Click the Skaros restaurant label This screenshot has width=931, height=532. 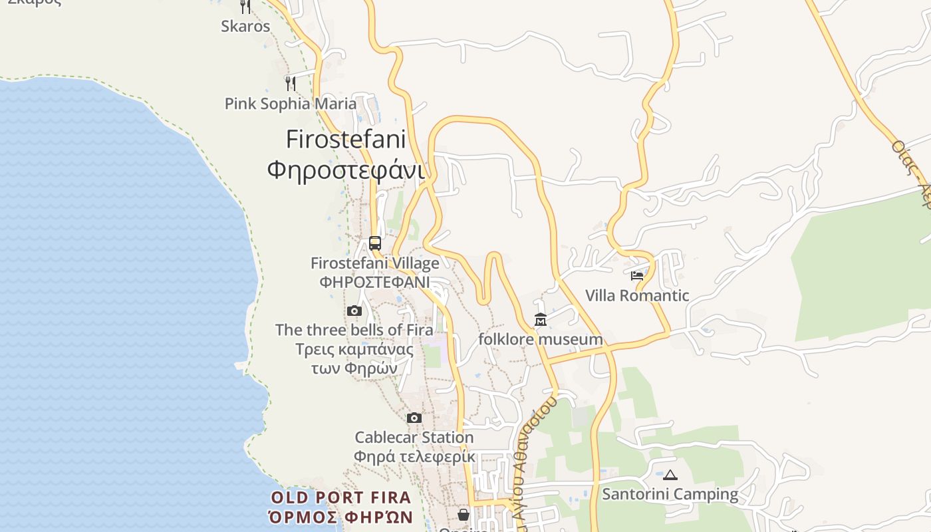(245, 27)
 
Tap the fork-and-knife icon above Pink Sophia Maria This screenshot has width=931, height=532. (290, 83)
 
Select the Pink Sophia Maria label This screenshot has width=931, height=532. (290, 104)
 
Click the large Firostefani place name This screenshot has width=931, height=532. (345, 139)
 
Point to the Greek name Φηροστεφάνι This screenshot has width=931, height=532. (345, 170)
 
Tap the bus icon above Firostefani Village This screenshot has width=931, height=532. (375, 243)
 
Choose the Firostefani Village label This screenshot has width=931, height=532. (374, 263)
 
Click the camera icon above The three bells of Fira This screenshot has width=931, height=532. (354, 311)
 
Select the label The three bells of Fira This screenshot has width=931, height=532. (354, 330)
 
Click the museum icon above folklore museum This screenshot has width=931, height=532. (541, 321)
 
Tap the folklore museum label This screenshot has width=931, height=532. (541, 340)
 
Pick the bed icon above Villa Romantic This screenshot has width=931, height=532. (637, 275)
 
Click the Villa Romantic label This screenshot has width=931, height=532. (637, 295)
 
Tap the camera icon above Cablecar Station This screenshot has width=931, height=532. (414, 418)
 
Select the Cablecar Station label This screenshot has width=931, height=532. (414, 438)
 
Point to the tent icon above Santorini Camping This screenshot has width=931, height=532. (670, 475)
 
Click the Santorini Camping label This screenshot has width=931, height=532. (670, 494)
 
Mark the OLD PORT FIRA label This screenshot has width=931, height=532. (340, 497)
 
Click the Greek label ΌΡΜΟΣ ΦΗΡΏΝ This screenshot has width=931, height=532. (340, 517)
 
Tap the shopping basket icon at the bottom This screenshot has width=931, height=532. (464, 515)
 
